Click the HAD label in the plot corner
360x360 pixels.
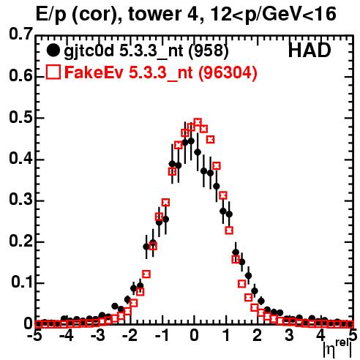point(310,50)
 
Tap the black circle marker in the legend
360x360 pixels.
point(53,50)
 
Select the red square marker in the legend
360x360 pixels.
point(53,72)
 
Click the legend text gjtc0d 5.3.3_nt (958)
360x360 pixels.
point(146,51)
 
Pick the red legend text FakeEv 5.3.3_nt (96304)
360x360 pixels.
point(161,72)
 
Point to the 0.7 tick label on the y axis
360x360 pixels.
point(20,34)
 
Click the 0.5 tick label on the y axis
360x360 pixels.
point(20,118)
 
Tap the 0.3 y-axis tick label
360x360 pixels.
point(20,200)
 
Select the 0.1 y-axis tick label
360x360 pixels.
point(21,282)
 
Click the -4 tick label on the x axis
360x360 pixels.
point(67,336)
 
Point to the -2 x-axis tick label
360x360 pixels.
point(130,336)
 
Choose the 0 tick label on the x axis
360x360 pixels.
point(194,336)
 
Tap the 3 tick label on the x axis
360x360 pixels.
point(289,336)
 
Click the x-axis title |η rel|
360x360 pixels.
point(337,349)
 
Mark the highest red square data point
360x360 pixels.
point(198,122)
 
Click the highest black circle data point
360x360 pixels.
point(191,140)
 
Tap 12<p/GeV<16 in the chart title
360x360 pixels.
point(274,14)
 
